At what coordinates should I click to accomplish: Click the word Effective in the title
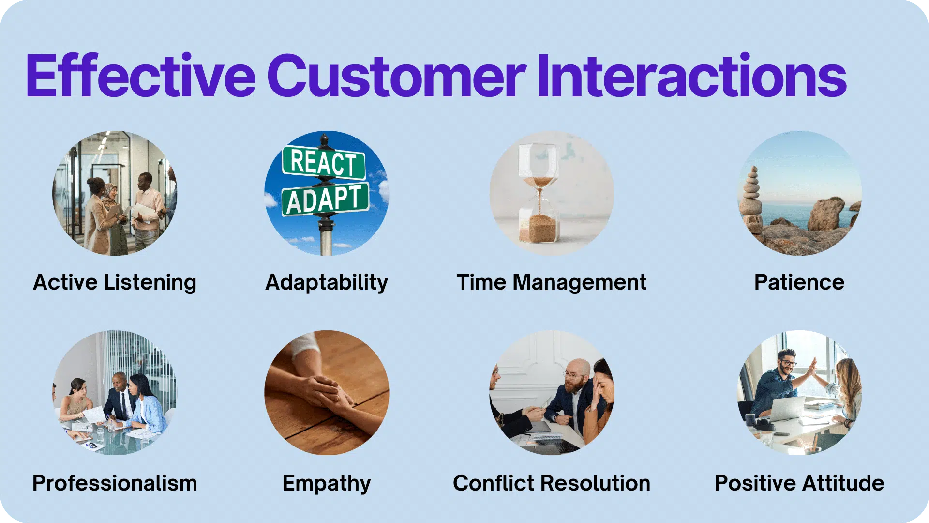140,77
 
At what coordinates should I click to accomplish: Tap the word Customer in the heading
396,77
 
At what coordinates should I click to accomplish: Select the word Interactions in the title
692,77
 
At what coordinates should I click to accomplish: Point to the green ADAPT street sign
325,199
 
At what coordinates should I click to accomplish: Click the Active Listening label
115,282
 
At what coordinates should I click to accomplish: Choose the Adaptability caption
327,282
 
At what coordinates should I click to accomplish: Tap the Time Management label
552,282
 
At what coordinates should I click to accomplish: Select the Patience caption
799,282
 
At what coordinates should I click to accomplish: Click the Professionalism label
115,483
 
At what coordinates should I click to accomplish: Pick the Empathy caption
327,483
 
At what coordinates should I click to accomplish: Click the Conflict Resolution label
552,483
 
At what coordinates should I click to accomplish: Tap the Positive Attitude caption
799,483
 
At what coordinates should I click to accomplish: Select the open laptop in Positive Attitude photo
786,409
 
